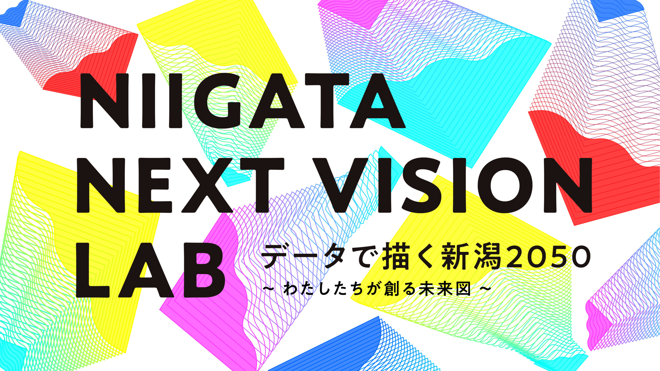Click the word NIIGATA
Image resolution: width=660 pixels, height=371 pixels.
pos(242,101)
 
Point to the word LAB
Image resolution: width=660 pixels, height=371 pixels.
pos(150,271)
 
